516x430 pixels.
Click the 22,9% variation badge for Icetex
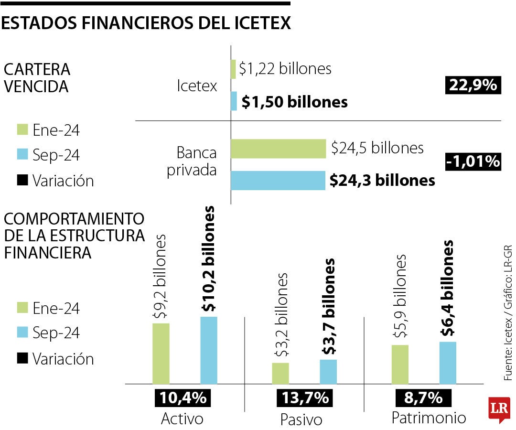(x=473, y=86)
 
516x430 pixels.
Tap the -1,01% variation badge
(x=473, y=161)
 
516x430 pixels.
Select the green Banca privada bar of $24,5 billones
(x=278, y=149)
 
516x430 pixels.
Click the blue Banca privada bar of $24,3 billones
(x=278, y=181)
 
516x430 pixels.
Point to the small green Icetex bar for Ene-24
(x=233, y=69)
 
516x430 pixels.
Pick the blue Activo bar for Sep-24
(x=209, y=350)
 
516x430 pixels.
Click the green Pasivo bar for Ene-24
(x=280, y=373)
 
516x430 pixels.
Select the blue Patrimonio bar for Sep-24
(x=448, y=363)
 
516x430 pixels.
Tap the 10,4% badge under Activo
(x=183, y=398)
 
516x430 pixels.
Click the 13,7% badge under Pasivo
(x=303, y=398)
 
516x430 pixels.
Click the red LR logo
(x=497, y=409)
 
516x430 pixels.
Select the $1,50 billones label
(x=294, y=102)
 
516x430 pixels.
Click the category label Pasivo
(x=301, y=420)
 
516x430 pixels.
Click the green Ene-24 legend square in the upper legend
(x=22, y=129)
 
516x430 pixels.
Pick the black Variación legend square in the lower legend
(x=22, y=358)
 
